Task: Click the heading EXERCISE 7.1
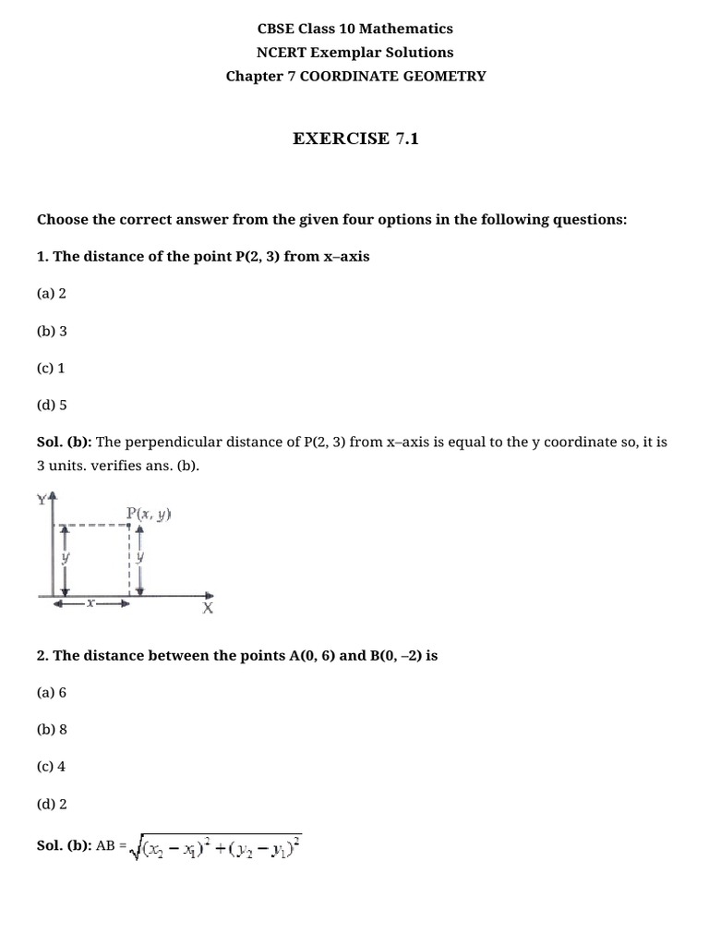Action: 355,139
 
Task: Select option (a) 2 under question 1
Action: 52,293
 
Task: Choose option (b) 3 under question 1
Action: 52,331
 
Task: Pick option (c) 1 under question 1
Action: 51,368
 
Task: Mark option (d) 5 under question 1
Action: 52,405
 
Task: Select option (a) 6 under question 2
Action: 52,692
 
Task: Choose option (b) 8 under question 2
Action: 52,729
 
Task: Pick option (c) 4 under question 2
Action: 51,766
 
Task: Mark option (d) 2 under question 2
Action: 52,804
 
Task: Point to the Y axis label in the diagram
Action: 42,499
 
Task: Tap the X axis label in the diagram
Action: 208,609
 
